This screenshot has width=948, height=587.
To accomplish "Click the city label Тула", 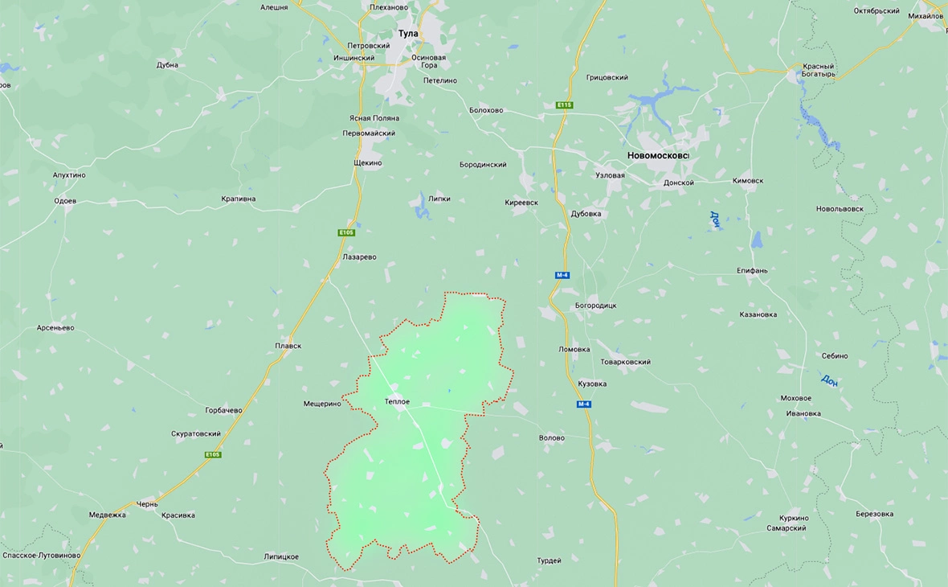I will point(409,33).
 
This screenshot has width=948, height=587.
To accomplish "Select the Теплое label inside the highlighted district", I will point(397,401).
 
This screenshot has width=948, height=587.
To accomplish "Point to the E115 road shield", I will point(564,105).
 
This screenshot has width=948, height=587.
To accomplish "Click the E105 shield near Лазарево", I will point(346,232).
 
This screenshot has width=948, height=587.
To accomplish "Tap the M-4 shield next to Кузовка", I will point(584,404).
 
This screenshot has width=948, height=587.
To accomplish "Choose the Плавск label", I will point(288,346).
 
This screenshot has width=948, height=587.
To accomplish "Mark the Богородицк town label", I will point(595,306).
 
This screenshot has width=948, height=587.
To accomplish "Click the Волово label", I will point(551,438).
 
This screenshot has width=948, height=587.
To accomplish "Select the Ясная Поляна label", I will point(374,118).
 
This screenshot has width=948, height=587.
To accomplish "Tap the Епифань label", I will point(752,270).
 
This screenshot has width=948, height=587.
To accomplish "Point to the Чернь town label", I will point(147,504).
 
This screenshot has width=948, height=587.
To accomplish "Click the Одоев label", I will point(64,201).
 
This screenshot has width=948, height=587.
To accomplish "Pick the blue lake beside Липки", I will point(419,211).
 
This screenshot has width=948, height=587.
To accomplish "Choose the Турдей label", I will point(550,560).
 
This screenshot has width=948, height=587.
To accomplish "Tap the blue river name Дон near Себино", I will point(829,380).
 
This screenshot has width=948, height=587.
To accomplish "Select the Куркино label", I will point(794,518).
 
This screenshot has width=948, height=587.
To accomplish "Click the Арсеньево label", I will point(55,328).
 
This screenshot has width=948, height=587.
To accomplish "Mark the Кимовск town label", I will point(748,181).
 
